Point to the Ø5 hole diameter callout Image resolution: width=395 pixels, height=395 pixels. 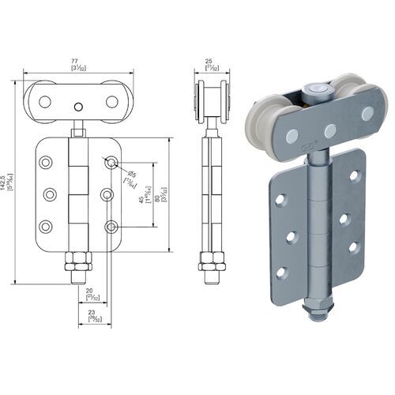132,175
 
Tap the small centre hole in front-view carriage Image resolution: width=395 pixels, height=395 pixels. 77,107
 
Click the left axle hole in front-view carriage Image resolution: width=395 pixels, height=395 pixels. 45,102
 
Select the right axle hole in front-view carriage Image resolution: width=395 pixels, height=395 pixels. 110,102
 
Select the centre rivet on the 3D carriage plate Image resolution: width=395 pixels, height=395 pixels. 330,130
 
